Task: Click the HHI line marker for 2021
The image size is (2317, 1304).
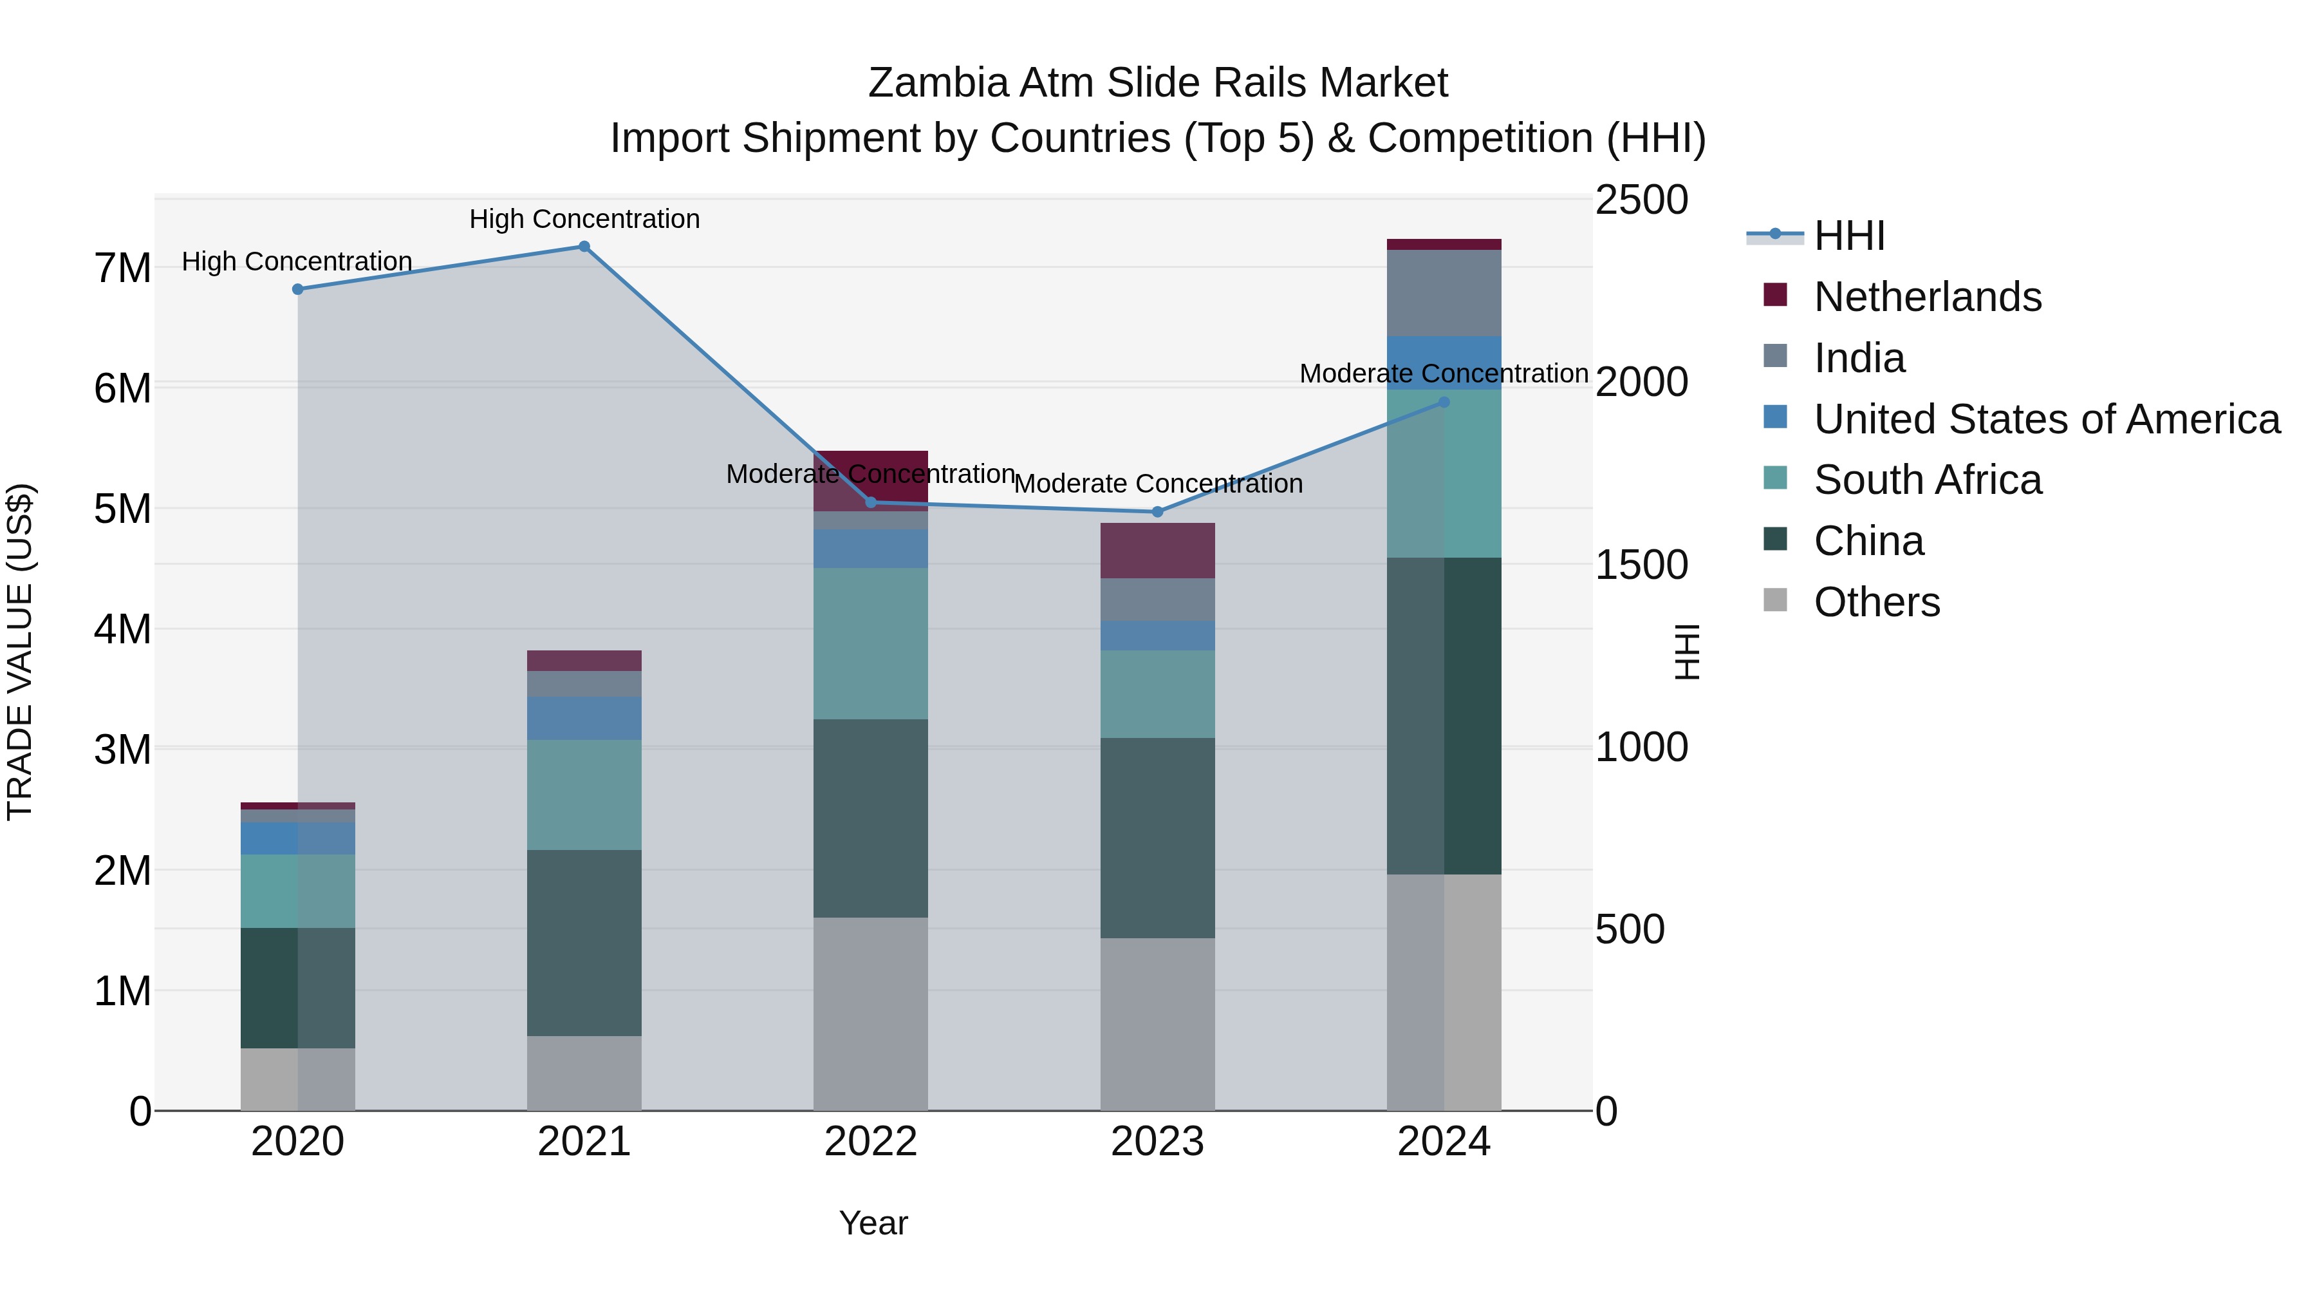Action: [x=584, y=247]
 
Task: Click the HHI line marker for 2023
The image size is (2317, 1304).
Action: [x=1158, y=512]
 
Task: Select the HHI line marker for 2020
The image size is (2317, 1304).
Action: [x=298, y=290]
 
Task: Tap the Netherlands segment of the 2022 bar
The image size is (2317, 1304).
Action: [x=871, y=480]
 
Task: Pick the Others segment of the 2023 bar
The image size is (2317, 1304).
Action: [x=1158, y=1024]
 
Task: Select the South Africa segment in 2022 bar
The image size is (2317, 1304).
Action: [x=871, y=643]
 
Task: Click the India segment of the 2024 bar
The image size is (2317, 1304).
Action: [x=1444, y=292]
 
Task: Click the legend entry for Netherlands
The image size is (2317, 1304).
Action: [x=1926, y=297]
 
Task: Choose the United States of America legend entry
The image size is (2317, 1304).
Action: [x=2046, y=419]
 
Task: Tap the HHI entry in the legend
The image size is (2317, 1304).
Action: [x=1848, y=236]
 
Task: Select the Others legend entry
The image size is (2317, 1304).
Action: [x=1876, y=602]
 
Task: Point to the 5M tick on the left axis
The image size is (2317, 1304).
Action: [x=122, y=509]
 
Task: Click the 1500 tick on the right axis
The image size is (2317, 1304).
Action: [x=1641, y=565]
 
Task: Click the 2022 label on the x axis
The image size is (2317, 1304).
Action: [x=871, y=1142]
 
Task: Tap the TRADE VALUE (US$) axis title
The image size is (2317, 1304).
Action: [x=20, y=652]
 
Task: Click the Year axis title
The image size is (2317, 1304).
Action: [x=873, y=1223]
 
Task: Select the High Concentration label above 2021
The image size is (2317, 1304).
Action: [x=584, y=219]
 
